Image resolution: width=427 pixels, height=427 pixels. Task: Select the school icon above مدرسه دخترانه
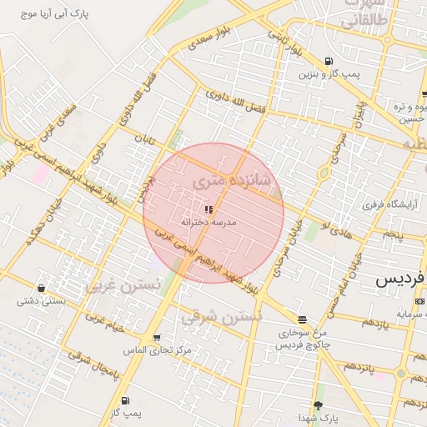pyautogui.click(x=208, y=209)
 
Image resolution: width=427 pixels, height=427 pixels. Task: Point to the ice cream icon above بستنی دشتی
pyautogui.click(x=41, y=288)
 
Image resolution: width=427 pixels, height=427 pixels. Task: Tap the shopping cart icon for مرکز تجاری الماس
pyautogui.click(x=157, y=338)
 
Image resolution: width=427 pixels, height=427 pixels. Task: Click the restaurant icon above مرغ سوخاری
pyautogui.click(x=301, y=319)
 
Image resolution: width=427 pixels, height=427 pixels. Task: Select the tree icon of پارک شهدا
pyautogui.click(x=318, y=405)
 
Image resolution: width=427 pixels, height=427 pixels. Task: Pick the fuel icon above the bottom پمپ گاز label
pyautogui.click(x=124, y=400)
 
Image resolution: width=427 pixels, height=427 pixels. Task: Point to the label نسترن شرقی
pyautogui.click(x=221, y=317)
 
